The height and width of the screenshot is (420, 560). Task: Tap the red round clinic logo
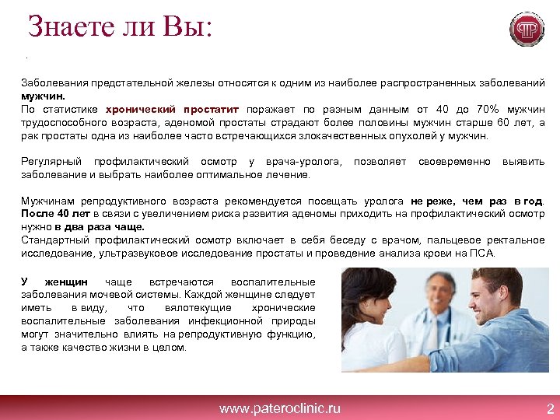point(527,30)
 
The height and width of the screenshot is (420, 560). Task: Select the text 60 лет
point(513,122)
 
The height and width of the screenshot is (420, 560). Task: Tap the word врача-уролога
point(302,162)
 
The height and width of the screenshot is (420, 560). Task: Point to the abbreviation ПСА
point(481,254)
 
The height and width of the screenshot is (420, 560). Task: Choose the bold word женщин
point(65,282)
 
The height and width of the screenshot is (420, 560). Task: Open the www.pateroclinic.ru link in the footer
point(279,408)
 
